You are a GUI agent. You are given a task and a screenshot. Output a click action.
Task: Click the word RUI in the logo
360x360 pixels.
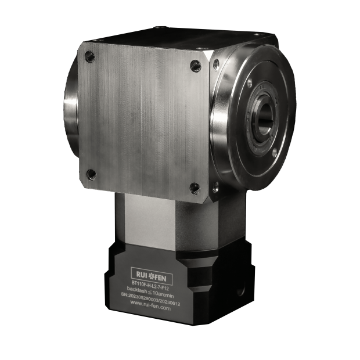tap(142, 274)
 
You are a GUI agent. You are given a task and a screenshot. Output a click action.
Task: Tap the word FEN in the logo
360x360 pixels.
tap(160, 278)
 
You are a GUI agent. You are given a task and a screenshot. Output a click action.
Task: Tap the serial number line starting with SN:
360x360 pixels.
tap(152, 300)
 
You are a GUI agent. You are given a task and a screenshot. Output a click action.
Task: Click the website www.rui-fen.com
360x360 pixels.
tap(150, 305)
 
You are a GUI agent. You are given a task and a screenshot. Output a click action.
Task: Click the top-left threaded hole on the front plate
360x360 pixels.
tap(90, 56)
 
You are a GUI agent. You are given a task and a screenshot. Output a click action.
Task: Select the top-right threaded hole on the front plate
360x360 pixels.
tap(196, 65)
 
